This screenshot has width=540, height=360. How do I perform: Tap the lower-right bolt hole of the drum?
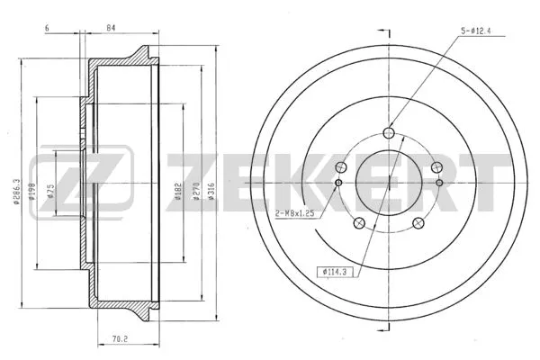point(418,225)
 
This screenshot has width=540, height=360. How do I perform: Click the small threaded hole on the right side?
point(439,184)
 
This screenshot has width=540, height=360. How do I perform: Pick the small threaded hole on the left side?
point(338,184)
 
